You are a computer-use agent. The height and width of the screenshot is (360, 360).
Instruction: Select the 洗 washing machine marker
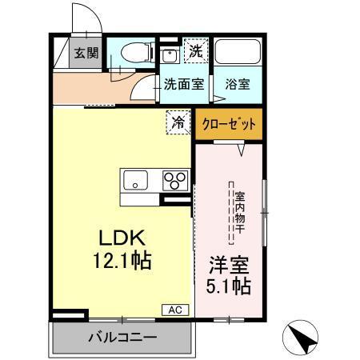[x=194, y=50]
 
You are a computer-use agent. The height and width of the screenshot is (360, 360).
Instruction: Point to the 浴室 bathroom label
[x=236, y=82]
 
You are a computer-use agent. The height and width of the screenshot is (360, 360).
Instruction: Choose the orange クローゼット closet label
[x=229, y=124]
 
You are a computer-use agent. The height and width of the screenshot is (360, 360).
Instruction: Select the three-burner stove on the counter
[x=175, y=181]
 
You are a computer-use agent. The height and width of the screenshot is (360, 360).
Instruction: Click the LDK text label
[x=121, y=238]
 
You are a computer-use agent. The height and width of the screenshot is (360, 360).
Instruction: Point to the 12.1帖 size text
[x=121, y=260]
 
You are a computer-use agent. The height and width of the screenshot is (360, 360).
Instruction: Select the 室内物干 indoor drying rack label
[x=238, y=213]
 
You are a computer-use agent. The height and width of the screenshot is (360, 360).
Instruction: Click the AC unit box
[x=175, y=310]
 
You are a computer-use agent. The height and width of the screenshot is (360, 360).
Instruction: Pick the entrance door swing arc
[x=86, y=20]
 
